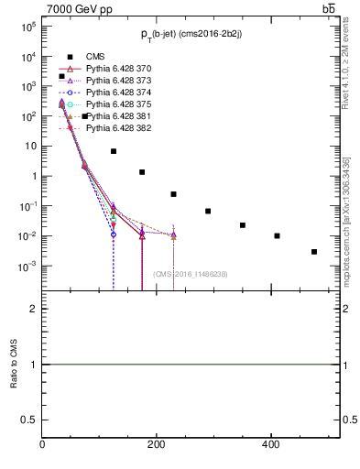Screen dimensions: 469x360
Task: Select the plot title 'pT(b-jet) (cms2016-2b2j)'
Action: [x=191, y=35]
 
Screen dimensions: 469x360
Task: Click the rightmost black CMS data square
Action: [x=314, y=252]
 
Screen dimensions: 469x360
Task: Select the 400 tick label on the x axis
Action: [x=270, y=444]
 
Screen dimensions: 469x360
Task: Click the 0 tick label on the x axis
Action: [x=42, y=444]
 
